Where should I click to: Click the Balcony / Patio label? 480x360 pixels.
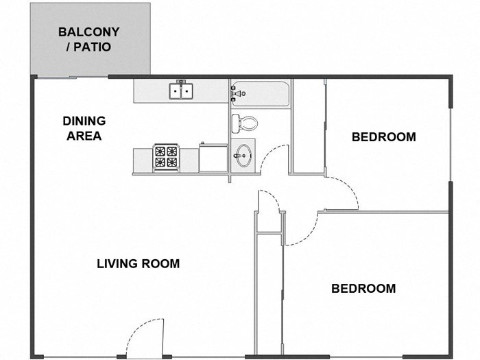point(88,40)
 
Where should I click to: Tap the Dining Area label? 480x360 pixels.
point(84,129)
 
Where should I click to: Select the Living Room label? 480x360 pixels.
point(138,264)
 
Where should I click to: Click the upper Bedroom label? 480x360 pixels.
point(383,137)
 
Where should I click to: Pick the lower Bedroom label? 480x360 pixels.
point(363,289)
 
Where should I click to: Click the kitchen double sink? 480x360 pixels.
point(181,91)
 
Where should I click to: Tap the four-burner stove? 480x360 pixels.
point(166,158)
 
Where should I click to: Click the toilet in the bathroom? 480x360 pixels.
point(244,123)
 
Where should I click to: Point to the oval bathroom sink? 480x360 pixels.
point(244,156)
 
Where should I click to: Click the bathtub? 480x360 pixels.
point(260,94)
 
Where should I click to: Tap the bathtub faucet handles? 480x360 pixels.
point(237,93)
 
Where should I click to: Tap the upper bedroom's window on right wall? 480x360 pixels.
point(451,145)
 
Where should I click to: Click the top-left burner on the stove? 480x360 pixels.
point(160,152)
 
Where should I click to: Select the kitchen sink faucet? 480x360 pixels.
point(181,83)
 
